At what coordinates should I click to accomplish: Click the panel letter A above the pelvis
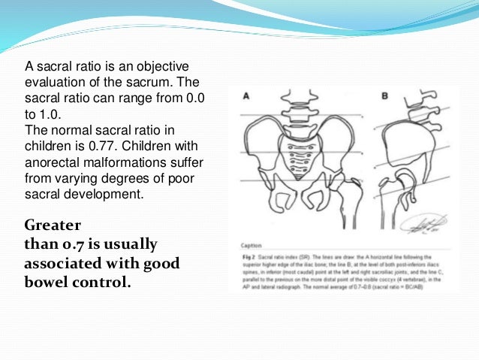point(246,96)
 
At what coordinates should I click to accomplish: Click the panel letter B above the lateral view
point(385,96)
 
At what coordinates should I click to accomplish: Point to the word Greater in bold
point(53,225)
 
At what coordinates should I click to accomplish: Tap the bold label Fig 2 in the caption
point(249,256)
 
